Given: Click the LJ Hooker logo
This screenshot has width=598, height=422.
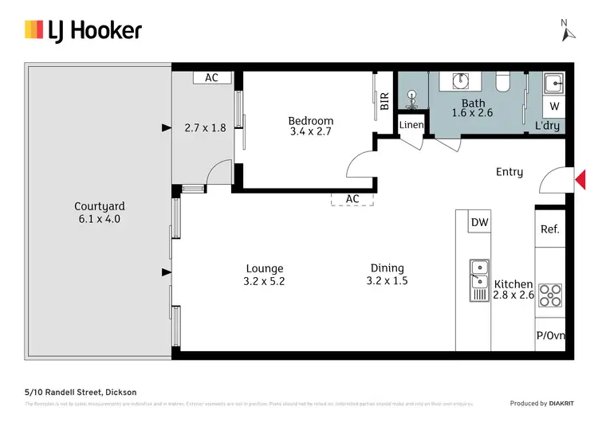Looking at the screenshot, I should tap(83, 30).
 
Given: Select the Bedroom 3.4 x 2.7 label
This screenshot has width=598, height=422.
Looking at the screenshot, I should tap(310, 126).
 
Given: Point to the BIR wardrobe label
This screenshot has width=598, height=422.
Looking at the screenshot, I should tap(384, 100).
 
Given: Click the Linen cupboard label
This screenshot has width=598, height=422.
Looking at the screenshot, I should tap(411, 125).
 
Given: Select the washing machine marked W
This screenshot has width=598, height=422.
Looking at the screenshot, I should tap(554, 106).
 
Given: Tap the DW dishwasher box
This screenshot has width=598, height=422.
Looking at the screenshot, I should tap(479, 223).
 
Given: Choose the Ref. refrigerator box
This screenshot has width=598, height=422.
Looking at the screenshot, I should tap(549, 229).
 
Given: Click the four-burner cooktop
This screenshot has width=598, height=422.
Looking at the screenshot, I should tap(550, 295).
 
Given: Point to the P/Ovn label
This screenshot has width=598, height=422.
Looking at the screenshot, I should tap(550, 335).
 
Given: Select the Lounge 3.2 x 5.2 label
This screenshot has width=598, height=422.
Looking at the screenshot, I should tap(264, 275).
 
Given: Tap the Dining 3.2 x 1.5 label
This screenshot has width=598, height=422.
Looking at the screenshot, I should tap(387, 274).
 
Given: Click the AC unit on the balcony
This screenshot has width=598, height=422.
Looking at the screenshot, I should tap(211, 78).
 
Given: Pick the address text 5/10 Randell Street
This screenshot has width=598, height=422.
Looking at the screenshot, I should tap(80, 392).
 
